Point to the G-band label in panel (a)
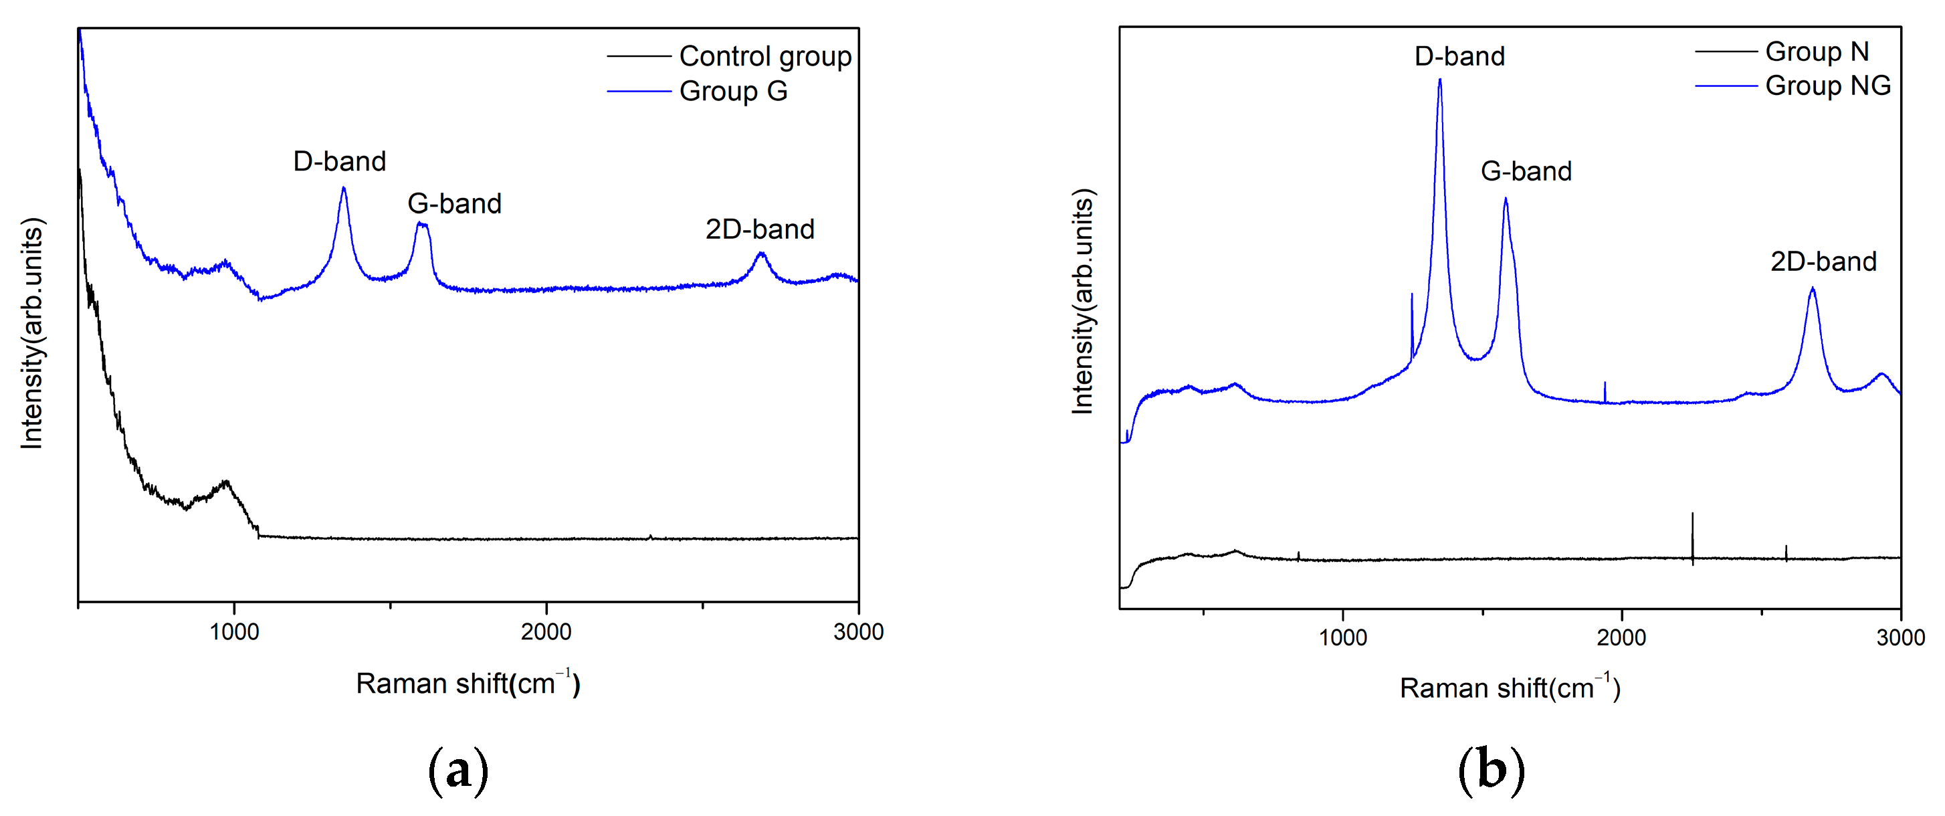click(455, 203)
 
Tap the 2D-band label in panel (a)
click(760, 229)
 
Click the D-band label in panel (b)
click(1459, 56)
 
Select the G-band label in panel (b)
click(1526, 171)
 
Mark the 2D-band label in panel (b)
click(1823, 261)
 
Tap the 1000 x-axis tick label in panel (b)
click(1342, 637)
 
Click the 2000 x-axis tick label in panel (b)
click(1621, 637)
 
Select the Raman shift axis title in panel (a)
click(468, 683)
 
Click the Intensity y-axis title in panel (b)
click(1084, 301)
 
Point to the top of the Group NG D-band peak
click(1440, 80)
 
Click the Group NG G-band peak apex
click(1506, 199)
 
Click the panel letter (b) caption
click(1492, 771)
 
